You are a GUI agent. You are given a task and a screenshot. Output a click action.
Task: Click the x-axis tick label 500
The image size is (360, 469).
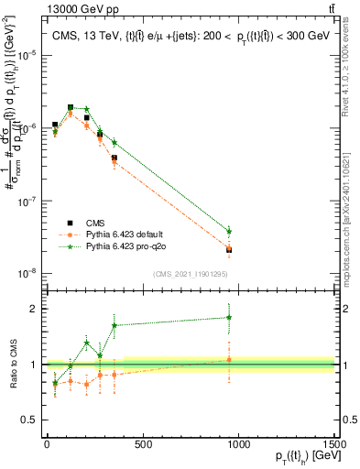[142, 444]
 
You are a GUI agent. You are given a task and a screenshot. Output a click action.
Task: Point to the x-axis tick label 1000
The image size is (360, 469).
[238, 444]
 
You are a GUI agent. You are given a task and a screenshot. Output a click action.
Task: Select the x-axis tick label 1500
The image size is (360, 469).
[334, 444]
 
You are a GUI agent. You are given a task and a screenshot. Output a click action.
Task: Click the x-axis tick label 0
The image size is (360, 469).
[47, 444]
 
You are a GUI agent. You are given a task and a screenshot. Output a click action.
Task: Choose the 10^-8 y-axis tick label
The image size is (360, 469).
[28, 273]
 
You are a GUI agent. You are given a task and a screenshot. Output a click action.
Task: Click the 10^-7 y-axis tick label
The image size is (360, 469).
[28, 201]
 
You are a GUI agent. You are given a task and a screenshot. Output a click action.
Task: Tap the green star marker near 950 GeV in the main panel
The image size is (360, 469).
[229, 232]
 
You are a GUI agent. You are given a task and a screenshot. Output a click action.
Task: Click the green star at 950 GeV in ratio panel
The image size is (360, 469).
[229, 318]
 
